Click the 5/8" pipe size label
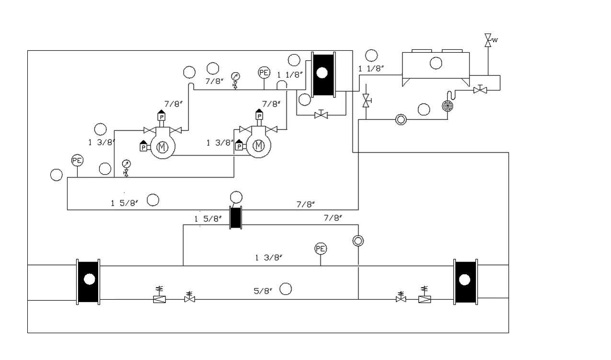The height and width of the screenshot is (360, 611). (263, 291)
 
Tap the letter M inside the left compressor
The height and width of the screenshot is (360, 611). (162, 147)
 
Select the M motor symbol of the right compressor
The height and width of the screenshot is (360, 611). (258, 146)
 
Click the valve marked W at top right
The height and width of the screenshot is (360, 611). (488, 40)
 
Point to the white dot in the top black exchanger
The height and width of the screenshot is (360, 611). (322, 73)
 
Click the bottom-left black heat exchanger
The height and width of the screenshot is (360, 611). (88, 282)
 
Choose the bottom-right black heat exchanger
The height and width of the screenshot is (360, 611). (466, 282)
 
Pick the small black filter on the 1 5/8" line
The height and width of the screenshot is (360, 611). (236, 218)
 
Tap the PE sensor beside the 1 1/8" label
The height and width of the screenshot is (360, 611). (264, 72)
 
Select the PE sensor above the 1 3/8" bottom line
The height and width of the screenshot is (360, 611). (321, 249)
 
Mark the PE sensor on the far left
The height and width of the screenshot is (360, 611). (77, 160)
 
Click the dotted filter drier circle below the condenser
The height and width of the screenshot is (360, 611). (448, 106)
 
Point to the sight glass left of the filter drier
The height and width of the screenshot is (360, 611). (401, 119)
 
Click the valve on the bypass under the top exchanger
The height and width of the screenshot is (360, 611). (321, 115)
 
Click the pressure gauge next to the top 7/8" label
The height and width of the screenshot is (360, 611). (235, 76)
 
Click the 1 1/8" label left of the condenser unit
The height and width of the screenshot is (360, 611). (371, 69)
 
